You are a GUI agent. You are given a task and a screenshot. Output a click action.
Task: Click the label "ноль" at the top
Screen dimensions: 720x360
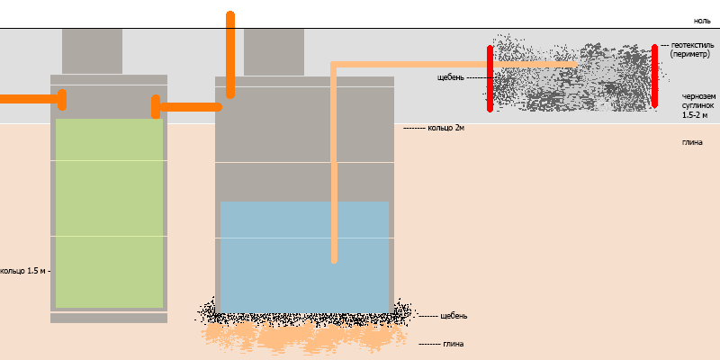click(x=702, y=21)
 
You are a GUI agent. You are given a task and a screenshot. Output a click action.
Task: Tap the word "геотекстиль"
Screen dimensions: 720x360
click(x=692, y=46)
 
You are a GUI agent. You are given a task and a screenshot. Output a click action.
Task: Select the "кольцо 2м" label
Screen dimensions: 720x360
click(x=445, y=128)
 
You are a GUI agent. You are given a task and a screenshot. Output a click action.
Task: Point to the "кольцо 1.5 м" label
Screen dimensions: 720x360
click(x=23, y=271)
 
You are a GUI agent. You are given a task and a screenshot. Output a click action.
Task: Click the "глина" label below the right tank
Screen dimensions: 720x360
click(x=454, y=344)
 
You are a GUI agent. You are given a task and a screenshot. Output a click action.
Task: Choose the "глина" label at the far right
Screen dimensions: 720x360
click(x=692, y=142)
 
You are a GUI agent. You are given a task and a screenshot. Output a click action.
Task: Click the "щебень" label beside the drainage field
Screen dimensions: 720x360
click(x=451, y=77)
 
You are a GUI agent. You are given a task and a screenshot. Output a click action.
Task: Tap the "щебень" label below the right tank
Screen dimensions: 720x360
click(x=454, y=316)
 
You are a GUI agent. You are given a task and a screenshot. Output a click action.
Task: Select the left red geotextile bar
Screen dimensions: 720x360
click(x=490, y=78)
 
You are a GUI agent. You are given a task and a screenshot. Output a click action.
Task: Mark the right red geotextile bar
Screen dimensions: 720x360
click(x=654, y=76)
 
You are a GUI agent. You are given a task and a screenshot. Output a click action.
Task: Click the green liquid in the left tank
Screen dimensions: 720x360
click(x=109, y=213)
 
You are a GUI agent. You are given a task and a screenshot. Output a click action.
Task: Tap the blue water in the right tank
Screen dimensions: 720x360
click(x=304, y=257)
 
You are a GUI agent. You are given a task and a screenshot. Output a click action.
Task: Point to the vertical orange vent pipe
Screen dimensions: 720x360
click(x=230, y=55)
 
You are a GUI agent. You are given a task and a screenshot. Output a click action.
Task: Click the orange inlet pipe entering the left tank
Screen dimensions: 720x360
click(x=33, y=99)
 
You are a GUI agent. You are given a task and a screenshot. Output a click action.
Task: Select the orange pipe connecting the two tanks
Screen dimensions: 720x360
click(x=186, y=107)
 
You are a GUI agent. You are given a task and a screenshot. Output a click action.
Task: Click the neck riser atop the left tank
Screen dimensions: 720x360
click(x=92, y=51)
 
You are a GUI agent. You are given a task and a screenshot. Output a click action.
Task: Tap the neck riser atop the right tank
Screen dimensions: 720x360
click(x=274, y=52)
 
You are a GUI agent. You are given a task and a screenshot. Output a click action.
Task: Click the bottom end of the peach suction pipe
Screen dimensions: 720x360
click(x=334, y=261)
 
